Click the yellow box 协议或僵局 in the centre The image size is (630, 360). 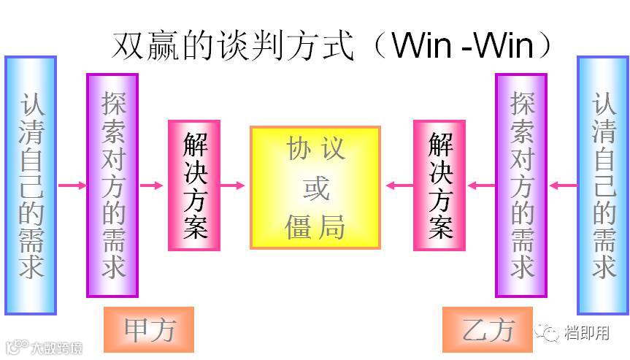[x=315, y=188]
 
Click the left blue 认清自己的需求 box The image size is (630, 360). [x=31, y=185]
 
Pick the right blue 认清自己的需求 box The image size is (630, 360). [x=603, y=185]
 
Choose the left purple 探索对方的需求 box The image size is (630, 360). [x=112, y=185]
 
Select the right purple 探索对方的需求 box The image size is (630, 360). [x=521, y=185]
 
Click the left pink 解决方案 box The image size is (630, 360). [x=194, y=185]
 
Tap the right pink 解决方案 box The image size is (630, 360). [x=439, y=185]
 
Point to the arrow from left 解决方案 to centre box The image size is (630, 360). [x=234, y=185]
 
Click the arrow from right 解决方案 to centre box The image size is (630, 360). [x=399, y=185]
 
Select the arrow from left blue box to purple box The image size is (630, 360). [x=72, y=185]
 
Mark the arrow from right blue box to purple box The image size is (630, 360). [x=562, y=185]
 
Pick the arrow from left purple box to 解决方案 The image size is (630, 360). [x=153, y=185]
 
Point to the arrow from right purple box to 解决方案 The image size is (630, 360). [x=480, y=185]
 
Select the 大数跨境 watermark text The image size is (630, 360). [x=55, y=347]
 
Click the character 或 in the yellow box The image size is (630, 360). [x=315, y=188]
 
